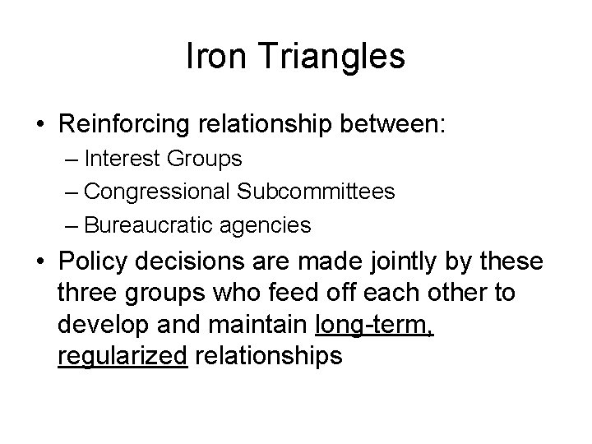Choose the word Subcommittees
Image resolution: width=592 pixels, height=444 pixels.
coord(315,192)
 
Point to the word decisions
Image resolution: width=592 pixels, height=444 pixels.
coord(199,263)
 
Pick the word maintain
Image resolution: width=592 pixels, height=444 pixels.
coord(264,325)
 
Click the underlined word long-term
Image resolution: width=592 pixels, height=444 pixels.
coord(374,325)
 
